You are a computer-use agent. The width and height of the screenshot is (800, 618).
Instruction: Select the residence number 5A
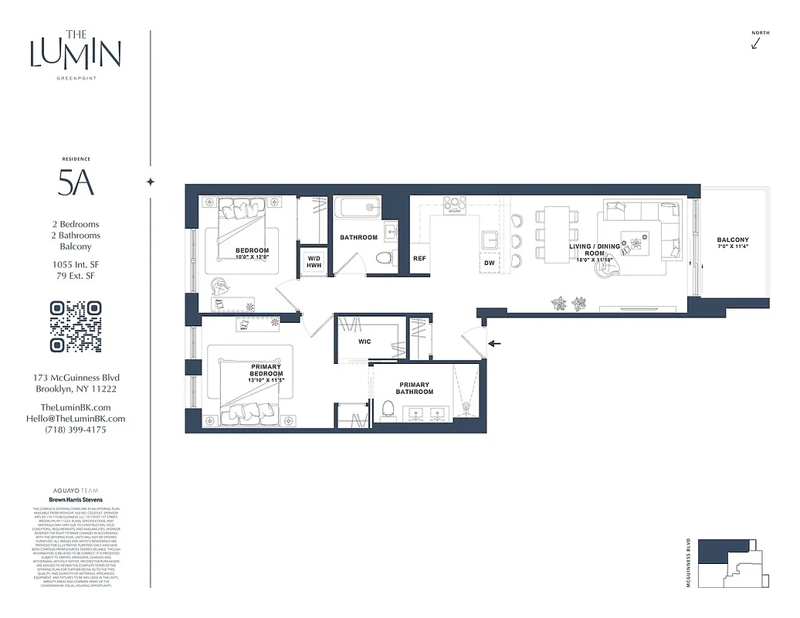click(76, 183)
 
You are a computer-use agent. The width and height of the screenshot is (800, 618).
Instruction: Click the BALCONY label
click(732, 240)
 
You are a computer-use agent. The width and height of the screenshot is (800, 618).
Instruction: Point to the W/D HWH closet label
click(314, 261)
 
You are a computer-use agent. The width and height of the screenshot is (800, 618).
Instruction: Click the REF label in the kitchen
click(419, 259)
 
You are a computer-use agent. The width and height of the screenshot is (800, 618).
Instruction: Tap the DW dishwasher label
click(490, 263)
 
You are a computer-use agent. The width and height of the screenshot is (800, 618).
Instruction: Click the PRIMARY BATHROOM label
click(415, 388)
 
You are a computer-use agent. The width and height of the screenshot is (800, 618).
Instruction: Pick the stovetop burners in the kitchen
click(456, 204)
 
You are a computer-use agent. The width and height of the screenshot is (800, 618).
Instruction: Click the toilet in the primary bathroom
click(388, 410)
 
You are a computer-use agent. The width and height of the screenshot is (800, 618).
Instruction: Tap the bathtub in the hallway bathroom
click(358, 209)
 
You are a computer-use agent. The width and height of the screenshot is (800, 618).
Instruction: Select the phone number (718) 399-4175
click(76, 430)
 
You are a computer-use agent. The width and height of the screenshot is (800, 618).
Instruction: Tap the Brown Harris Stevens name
click(76, 499)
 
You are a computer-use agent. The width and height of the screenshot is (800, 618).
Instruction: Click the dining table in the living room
click(558, 225)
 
